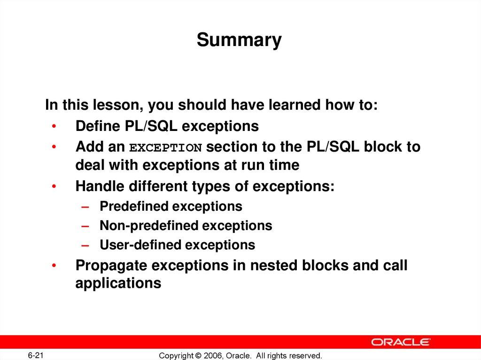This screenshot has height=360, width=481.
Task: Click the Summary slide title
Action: click(239, 40)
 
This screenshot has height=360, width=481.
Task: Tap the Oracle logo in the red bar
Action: click(401, 342)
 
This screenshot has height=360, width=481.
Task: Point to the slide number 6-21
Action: click(36, 355)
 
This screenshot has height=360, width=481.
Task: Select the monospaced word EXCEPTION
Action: click(165, 148)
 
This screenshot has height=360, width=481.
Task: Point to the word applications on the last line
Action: click(118, 283)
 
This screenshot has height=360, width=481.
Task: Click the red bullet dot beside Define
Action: click(54, 126)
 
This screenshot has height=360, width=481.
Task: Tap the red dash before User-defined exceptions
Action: click(85, 245)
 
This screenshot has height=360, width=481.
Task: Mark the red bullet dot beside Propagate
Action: click(54, 266)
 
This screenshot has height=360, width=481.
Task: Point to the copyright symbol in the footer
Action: click(198, 356)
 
